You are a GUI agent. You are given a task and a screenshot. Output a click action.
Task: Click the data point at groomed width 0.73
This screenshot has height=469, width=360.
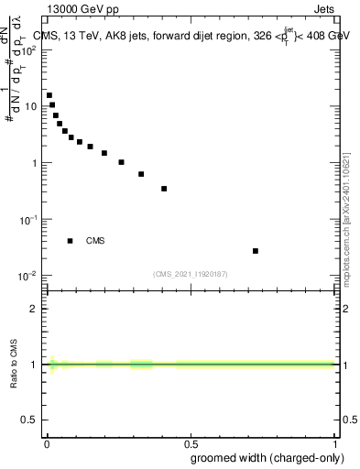[256, 251]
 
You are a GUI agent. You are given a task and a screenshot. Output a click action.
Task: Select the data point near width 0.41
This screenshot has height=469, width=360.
[164, 189]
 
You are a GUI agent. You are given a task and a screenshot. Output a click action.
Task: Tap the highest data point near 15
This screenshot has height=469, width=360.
[49, 95]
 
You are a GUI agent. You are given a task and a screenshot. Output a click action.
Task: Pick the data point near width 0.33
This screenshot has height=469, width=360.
[141, 174]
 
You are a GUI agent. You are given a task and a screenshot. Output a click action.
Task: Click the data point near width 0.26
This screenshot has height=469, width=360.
[121, 162]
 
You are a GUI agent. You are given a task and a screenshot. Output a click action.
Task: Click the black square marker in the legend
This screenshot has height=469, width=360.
[71, 241]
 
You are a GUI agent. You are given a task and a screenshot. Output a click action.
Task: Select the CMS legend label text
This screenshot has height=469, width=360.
[95, 241]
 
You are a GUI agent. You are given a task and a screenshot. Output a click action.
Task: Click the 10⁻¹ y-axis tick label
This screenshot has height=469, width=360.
[30, 220]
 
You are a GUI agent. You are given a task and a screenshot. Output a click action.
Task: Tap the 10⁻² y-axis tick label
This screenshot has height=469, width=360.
[30, 276]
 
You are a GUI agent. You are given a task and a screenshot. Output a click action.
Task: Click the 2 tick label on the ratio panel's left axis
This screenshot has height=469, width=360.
[33, 309]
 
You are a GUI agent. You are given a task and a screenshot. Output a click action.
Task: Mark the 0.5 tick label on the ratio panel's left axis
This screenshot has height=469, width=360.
[29, 420]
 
